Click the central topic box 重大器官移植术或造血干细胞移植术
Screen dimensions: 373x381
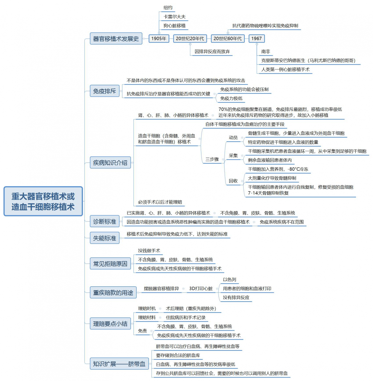[x=43, y=201]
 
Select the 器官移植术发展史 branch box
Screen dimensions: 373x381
[x=116, y=38]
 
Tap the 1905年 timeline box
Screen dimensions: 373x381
[x=159, y=38]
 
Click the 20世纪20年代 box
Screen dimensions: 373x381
[x=190, y=38]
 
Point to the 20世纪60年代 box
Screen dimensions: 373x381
[x=228, y=38]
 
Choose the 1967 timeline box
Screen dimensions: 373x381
[x=257, y=38]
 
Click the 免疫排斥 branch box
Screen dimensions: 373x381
[x=105, y=91]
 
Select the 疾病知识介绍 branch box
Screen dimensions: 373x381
[x=110, y=163]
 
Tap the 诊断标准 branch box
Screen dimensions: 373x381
[x=105, y=221]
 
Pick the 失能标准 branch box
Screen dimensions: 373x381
[x=105, y=238]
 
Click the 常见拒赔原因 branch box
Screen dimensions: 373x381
[x=110, y=264]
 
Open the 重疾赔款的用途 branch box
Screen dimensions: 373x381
[x=113, y=292]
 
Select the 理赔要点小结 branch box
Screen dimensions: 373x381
[x=110, y=324]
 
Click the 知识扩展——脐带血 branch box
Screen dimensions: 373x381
[x=119, y=364]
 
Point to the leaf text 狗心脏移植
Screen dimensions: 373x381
[x=175, y=26]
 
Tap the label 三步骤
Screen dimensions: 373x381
[x=212, y=159]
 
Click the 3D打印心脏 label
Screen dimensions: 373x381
[x=201, y=289]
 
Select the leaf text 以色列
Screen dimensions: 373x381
[x=229, y=280]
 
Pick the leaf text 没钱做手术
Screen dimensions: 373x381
[x=149, y=251]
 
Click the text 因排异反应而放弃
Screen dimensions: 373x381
[x=212, y=52]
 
